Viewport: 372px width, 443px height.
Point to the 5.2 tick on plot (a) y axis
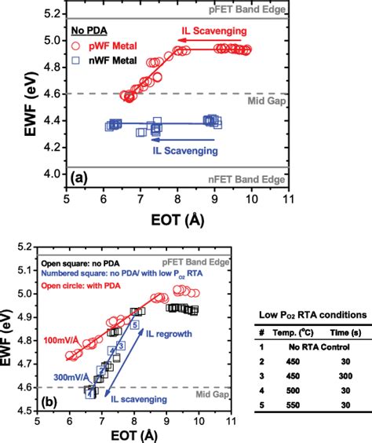[x=53, y=14]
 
